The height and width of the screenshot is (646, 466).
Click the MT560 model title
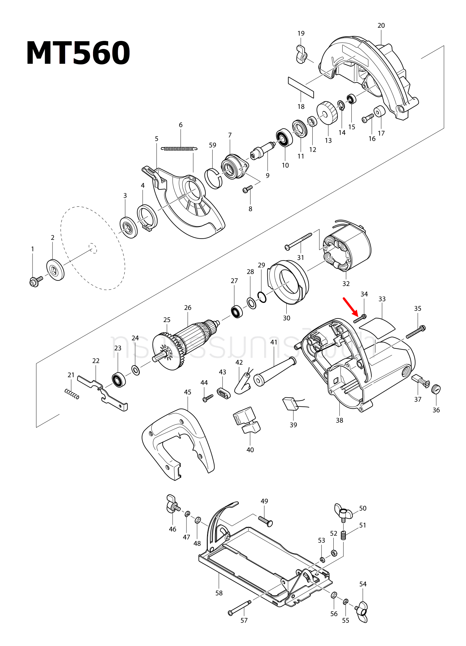coord(78,53)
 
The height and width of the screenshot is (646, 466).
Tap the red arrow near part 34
coord(350,306)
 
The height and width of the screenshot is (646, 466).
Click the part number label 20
coord(381,25)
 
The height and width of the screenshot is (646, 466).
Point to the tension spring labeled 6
coord(179,149)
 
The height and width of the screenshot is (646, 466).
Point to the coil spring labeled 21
coord(72,394)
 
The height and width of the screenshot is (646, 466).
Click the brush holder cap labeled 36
coord(436,389)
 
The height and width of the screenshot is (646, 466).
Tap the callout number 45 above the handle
coord(187,392)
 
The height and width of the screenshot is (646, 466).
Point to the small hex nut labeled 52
coord(334,553)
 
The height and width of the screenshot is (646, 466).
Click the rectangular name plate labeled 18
coord(301,87)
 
